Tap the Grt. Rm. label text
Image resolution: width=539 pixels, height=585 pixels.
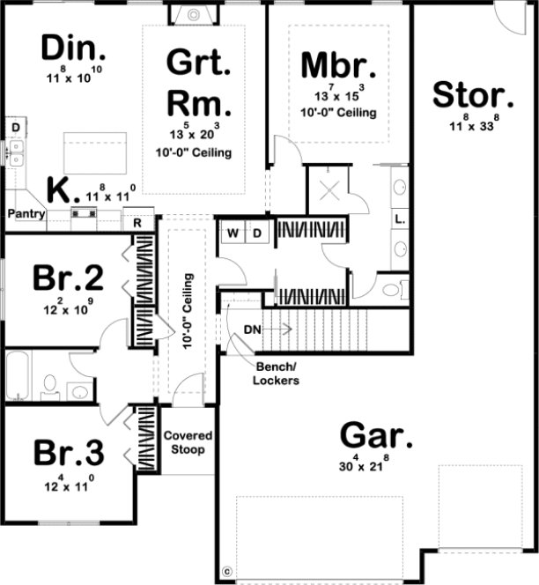tap(199, 85)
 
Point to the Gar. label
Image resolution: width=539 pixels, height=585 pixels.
tap(376, 436)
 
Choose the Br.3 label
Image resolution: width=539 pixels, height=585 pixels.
tap(69, 453)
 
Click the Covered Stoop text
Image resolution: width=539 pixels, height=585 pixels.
tap(188, 442)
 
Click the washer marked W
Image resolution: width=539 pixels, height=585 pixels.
tap(234, 233)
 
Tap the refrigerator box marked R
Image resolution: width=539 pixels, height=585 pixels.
tap(138, 222)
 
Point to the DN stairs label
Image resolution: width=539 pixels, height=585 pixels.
tap(252, 330)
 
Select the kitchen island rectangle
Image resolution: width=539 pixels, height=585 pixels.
tap(93, 153)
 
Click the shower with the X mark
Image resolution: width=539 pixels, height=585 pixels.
tap(327, 189)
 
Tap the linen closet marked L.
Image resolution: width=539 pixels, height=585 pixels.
tap(399, 217)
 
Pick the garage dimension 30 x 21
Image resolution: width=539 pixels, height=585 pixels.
tap(376, 466)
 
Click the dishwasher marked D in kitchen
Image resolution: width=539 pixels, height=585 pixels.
tap(15, 129)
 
